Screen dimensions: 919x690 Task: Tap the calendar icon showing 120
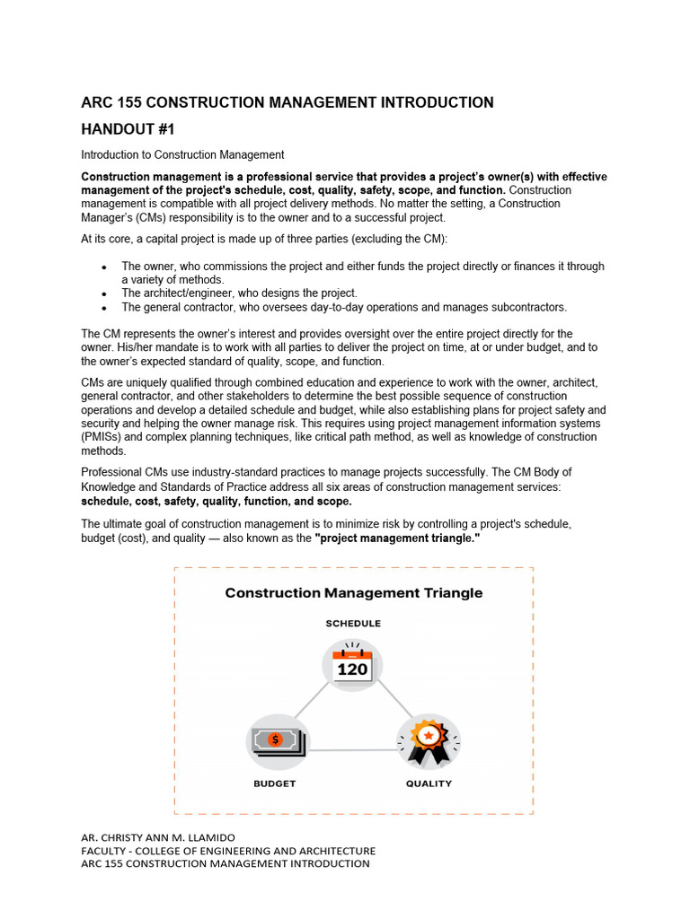tap(352, 665)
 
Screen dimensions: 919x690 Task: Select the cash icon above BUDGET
tap(277, 740)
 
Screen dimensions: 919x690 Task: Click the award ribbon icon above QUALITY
tap(429, 740)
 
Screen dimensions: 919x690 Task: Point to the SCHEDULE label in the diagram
tap(352, 623)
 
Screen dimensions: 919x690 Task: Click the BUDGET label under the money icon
tap(274, 783)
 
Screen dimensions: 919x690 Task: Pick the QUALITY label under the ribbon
tap(429, 783)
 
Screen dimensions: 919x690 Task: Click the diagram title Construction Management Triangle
tap(353, 593)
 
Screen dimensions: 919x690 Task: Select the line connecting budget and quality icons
tap(352, 749)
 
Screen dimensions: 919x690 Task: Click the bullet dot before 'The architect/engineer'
tap(104, 294)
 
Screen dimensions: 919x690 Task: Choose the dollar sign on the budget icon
tap(276, 739)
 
